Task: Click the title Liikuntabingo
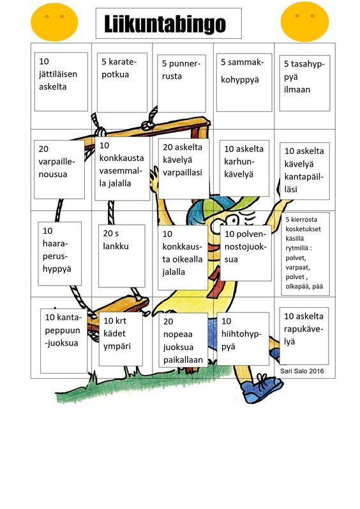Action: tap(165, 24)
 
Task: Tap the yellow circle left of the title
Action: tap(54, 22)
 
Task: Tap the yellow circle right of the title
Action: tap(304, 22)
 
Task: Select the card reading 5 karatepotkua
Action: tap(122, 83)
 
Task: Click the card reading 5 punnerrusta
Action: tap(181, 84)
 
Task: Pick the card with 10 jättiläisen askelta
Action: tap(61, 82)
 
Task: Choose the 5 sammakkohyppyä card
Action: tap(244, 82)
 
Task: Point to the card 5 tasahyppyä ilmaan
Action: tap(304, 83)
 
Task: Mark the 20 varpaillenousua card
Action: tap(59, 169)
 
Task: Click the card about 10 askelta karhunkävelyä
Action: tap(244, 168)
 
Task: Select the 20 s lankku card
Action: tap(122, 256)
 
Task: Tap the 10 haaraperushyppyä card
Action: tap(59, 254)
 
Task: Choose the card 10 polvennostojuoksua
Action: tap(246, 253)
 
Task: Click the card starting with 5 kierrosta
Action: tap(305, 254)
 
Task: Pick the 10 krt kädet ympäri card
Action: tap(121, 339)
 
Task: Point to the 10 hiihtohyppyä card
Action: tap(243, 338)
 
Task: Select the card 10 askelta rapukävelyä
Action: tap(304, 336)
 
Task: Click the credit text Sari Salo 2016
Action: tap(302, 371)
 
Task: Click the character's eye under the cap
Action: tap(232, 221)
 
